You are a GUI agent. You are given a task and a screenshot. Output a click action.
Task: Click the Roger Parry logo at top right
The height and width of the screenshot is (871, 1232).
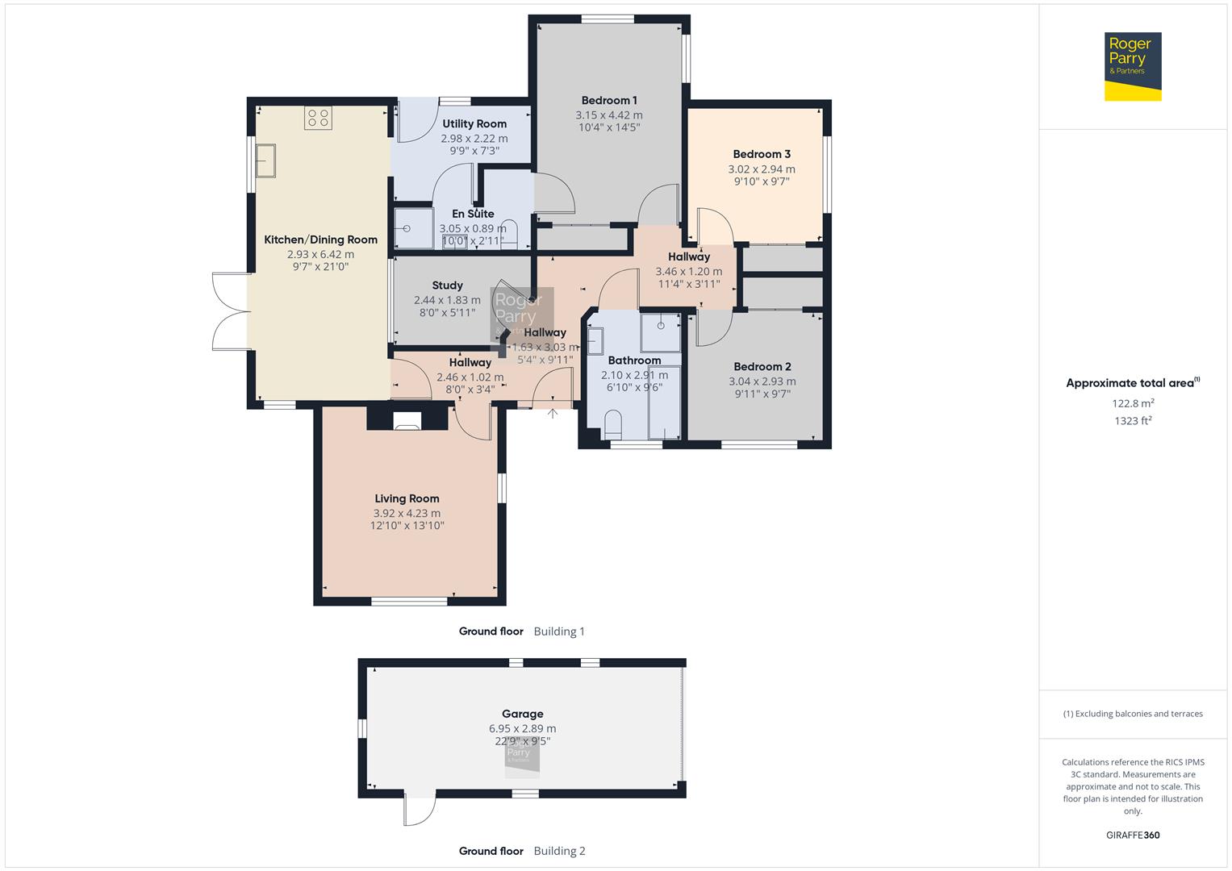click(1132, 66)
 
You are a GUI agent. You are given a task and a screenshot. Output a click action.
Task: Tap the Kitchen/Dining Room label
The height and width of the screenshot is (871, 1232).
click(320, 240)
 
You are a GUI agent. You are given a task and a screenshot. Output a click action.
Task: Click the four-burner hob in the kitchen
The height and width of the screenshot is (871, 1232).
click(317, 119)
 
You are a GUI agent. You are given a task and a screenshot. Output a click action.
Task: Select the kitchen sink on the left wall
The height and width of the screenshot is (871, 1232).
click(265, 160)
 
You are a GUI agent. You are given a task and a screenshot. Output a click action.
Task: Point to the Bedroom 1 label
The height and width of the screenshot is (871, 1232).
click(608, 101)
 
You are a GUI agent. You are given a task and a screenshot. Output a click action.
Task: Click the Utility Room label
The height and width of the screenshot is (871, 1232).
click(474, 124)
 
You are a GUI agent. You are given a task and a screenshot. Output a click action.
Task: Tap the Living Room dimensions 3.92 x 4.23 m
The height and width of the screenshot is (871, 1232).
click(407, 513)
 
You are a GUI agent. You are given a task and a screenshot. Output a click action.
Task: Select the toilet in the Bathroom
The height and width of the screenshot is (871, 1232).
click(613, 423)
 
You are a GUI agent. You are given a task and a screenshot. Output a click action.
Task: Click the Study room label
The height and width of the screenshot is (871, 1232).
click(447, 285)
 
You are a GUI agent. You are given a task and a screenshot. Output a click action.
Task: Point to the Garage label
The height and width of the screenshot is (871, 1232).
click(522, 714)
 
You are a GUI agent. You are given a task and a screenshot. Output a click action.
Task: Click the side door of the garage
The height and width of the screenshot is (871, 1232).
click(420, 809)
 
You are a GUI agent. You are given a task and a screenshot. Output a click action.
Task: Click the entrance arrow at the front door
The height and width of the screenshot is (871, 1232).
click(553, 414)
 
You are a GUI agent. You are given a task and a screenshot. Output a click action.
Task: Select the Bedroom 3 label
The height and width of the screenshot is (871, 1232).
click(761, 154)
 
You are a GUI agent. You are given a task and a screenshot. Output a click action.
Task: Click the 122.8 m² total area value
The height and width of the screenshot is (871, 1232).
click(1132, 403)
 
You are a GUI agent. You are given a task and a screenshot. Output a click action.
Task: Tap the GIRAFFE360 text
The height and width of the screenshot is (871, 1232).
click(1132, 835)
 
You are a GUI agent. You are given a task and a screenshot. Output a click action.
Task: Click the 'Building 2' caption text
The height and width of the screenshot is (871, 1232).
click(559, 851)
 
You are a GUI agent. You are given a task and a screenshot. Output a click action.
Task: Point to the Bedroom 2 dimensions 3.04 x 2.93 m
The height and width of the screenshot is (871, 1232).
click(762, 381)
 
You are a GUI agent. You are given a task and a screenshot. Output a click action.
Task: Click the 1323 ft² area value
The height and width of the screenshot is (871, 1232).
click(1132, 421)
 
